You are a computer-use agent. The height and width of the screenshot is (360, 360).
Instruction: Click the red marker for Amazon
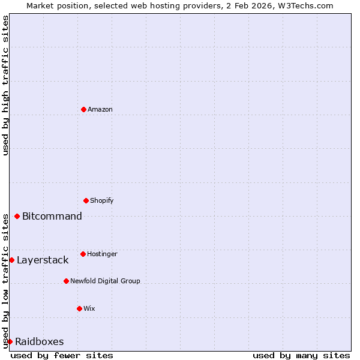pos(83,109)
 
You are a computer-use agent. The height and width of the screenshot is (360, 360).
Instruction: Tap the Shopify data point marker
pos(86,200)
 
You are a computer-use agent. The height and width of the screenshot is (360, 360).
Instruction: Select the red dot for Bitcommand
pos(17,216)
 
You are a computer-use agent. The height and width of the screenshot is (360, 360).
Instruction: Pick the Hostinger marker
pos(83,254)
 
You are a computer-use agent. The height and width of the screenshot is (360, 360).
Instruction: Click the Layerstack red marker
pos(11,260)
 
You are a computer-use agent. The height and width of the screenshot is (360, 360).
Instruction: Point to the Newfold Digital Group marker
pos(66,281)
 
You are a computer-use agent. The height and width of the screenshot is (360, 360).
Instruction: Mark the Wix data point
pos(79,308)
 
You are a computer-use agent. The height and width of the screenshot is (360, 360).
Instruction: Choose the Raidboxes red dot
pos(10,341)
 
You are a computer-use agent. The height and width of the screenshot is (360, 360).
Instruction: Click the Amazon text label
pos(100,109)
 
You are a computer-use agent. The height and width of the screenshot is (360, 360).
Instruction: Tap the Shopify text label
pos(102,200)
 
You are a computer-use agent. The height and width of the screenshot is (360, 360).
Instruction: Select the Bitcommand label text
pos(52,216)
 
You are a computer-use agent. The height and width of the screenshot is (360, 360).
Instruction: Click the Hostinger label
pos(102,254)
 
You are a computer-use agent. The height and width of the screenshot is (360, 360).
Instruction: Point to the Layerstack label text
pos(43,260)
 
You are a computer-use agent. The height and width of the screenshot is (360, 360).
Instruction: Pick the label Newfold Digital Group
pos(105,281)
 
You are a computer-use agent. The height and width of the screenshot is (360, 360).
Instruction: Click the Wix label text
pos(89,308)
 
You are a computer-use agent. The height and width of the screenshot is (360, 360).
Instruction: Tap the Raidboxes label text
pos(40,341)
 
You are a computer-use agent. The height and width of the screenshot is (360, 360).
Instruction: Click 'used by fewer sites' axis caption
pos(62,355)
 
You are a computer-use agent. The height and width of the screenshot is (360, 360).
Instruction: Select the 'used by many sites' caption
pos(301,355)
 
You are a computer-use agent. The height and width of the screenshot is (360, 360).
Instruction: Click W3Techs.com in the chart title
pos(308,5)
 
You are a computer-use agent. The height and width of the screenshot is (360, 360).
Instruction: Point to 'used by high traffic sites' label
pos(5,85)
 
